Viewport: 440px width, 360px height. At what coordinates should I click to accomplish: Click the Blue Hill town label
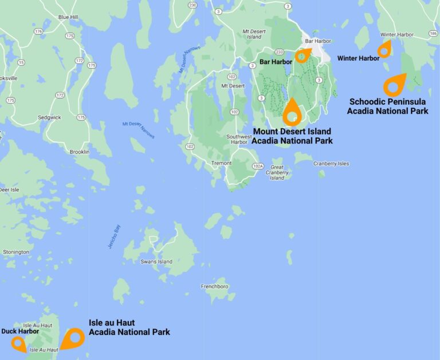pyautogui.click(x=68, y=17)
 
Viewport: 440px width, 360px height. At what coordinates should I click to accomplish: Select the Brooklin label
pyautogui.click(x=79, y=152)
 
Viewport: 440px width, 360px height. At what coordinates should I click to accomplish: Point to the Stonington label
pyautogui.click(x=16, y=252)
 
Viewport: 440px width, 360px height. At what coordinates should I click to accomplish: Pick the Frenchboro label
pyautogui.click(x=215, y=286)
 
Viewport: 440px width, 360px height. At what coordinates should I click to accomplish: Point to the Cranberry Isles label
pyautogui.click(x=331, y=164)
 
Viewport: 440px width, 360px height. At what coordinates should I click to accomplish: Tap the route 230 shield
pyautogui.click(x=192, y=6)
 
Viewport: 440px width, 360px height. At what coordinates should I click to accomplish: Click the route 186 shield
pyautogui.click(x=433, y=34)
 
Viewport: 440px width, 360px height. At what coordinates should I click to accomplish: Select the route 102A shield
pyautogui.click(x=258, y=167)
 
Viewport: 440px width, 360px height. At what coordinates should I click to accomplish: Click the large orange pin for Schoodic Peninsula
pyautogui.click(x=394, y=85)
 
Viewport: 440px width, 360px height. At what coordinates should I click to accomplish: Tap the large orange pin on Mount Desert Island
pyautogui.click(x=292, y=112)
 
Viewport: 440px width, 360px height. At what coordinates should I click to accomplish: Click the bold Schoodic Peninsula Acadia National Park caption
pyautogui.click(x=387, y=106)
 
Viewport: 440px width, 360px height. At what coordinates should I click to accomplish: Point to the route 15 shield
pyautogui.click(x=21, y=62)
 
